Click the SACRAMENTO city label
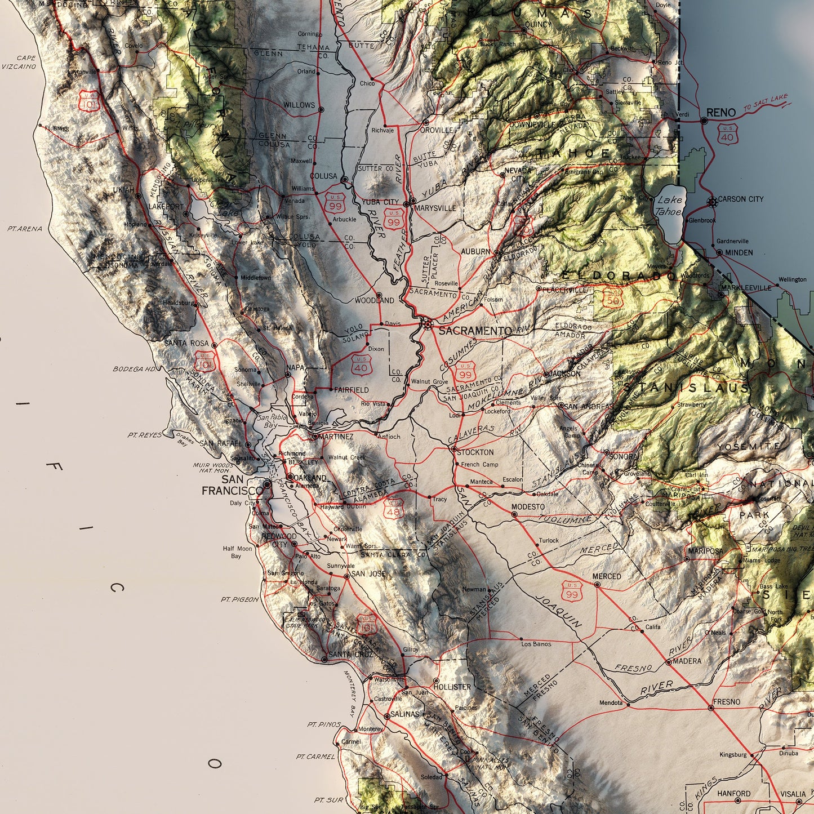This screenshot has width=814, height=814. point(475,331)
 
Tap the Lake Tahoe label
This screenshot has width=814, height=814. point(670,206)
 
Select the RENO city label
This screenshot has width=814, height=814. point(721,113)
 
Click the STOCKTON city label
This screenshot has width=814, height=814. point(475,452)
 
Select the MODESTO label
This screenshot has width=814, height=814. point(528,507)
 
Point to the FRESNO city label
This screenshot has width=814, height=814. point(727,702)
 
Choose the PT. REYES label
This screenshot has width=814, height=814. point(144,435)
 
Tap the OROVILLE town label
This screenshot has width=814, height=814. point(436,130)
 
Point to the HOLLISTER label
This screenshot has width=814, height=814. point(452,687)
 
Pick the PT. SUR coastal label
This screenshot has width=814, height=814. point(329,800)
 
